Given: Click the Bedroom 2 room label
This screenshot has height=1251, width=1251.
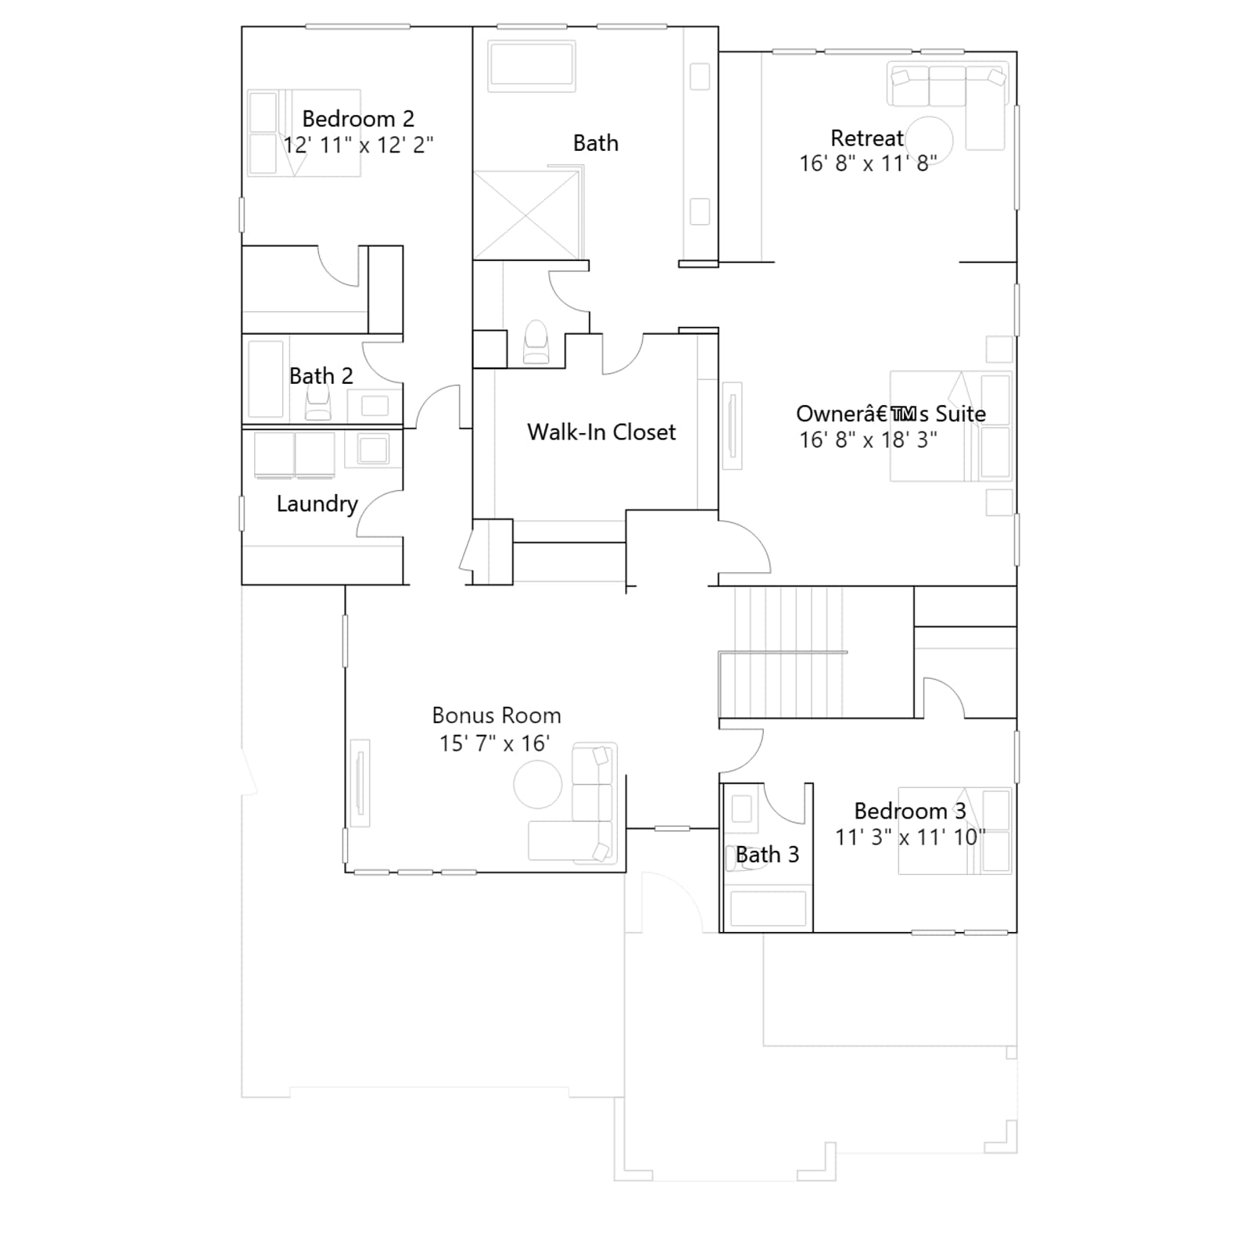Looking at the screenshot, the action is coord(358,119).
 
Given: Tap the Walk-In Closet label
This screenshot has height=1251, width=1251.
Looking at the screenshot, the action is coord(601,432).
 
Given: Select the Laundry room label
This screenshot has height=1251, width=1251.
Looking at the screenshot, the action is coord(317,504).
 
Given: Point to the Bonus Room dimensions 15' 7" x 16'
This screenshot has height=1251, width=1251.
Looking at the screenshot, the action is coord(494,743).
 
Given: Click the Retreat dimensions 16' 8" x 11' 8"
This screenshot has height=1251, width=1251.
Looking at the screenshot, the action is coord(868,163).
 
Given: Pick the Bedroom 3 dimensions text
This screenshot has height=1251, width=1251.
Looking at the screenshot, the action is coord(910,837).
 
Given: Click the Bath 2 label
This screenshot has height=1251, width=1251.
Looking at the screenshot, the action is coord(321,376).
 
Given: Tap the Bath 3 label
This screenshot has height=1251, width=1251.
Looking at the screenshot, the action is coord(767,855).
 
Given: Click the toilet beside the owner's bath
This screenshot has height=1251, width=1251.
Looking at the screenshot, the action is coord(536,342).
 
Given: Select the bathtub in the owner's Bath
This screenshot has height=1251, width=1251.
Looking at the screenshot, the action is coord(532,66).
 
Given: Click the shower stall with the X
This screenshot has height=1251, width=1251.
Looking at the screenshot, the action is coord(525,215).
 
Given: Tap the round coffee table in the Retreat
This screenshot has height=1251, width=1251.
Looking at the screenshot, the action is coord(930,139).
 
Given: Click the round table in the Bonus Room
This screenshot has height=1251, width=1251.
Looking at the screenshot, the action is coord(538,784).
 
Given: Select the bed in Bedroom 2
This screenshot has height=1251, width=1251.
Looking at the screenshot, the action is coord(303,133).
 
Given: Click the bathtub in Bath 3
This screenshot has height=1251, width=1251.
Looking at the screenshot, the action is coord(768,909).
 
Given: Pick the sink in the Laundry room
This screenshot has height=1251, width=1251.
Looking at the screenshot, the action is coord(372,450).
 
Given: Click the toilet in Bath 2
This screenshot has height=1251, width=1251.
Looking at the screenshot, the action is coord(317,403).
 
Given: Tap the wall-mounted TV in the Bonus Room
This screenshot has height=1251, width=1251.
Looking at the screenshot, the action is coord(360,782).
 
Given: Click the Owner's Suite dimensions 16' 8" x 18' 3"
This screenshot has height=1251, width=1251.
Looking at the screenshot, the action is coord(868,439).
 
